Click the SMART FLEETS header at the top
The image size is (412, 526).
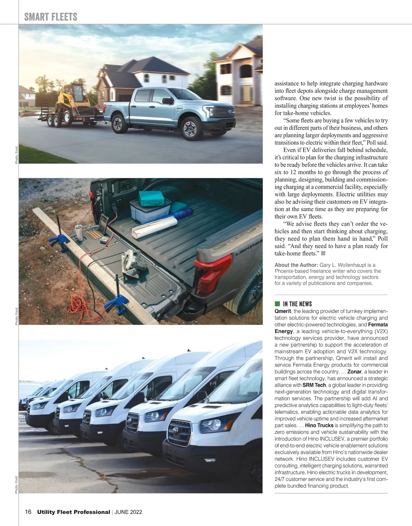(51, 17)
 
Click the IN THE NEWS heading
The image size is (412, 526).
(297, 304)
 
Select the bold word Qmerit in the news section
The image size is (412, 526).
(283, 311)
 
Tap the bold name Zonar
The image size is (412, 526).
(354, 371)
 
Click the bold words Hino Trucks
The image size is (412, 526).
(319, 425)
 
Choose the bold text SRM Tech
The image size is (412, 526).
(314, 385)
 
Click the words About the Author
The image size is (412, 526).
(296, 265)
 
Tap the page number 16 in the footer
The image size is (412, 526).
(28, 512)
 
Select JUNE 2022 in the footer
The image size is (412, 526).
(128, 512)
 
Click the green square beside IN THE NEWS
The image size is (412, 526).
(277, 304)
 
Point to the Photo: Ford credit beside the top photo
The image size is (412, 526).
(16, 155)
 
